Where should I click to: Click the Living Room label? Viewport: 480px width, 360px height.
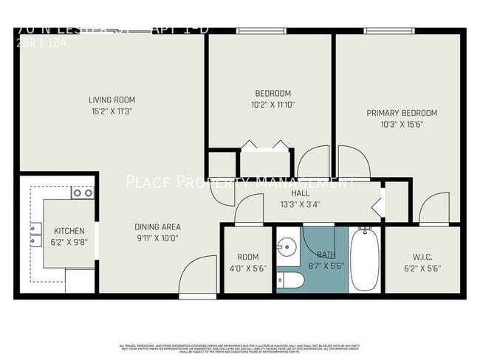click(x=112, y=100)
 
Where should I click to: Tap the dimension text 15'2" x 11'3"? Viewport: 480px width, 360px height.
click(x=112, y=111)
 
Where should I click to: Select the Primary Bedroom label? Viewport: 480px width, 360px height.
click(x=402, y=113)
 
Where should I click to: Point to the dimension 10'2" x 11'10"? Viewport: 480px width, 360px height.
click(x=272, y=105)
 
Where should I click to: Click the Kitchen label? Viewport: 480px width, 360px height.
click(x=59, y=231)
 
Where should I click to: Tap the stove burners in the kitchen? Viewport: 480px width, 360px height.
click(x=82, y=193)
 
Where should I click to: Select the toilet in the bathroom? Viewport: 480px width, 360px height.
click(x=291, y=282)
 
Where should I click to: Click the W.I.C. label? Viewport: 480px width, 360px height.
click(x=426, y=257)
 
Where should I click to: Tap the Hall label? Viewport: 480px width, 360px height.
click(x=289, y=193)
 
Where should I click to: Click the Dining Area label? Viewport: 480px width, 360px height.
click(x=157, y=226)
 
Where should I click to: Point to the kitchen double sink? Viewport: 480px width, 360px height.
click(x=35, y=234)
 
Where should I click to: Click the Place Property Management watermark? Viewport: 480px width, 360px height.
click(x=240, y=181)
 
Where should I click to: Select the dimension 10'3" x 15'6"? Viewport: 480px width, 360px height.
click(x=402, y=124)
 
